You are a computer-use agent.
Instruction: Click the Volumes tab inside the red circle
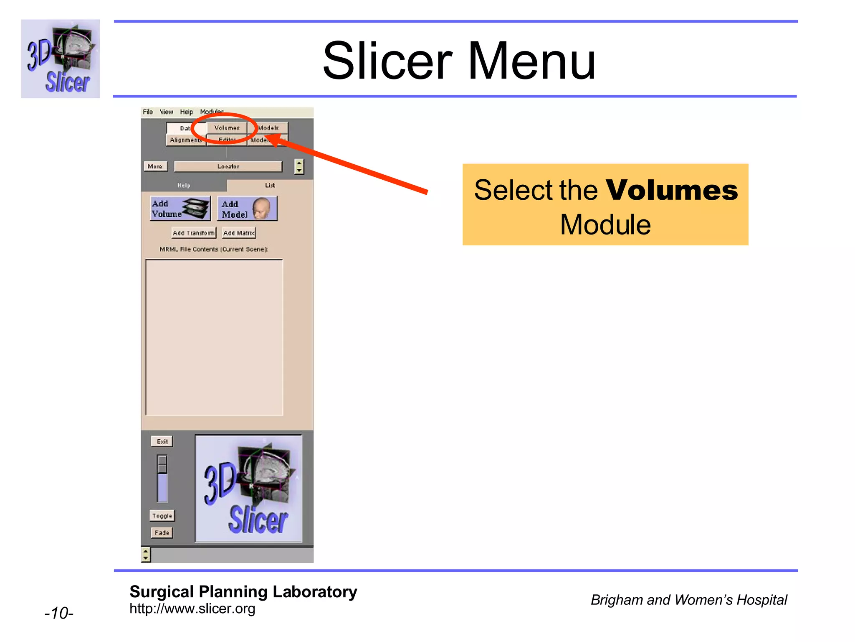(227, 128)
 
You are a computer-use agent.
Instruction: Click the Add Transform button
(194, 233)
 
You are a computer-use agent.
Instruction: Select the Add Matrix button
(239, 233)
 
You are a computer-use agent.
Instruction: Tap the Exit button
(162, 441)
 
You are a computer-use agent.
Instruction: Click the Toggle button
(162, 516)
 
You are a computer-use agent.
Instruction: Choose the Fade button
(162, 532)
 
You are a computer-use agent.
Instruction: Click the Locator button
(228, 166)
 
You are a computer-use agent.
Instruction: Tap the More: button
(155, 166)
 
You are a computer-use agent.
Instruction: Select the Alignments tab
(186, 140)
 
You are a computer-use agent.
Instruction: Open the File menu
(148, 112)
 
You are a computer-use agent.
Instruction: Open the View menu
(166, 112)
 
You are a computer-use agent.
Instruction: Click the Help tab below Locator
(184, 185)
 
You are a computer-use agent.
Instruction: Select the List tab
(270, 185)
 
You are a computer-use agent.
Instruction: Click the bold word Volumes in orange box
(671, 191)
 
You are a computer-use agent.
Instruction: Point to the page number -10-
(59, 613)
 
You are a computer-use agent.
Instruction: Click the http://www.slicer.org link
(192, 609)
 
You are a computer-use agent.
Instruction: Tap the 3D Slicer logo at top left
(61, 59)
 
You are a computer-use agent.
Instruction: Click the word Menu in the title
(531, 61)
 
